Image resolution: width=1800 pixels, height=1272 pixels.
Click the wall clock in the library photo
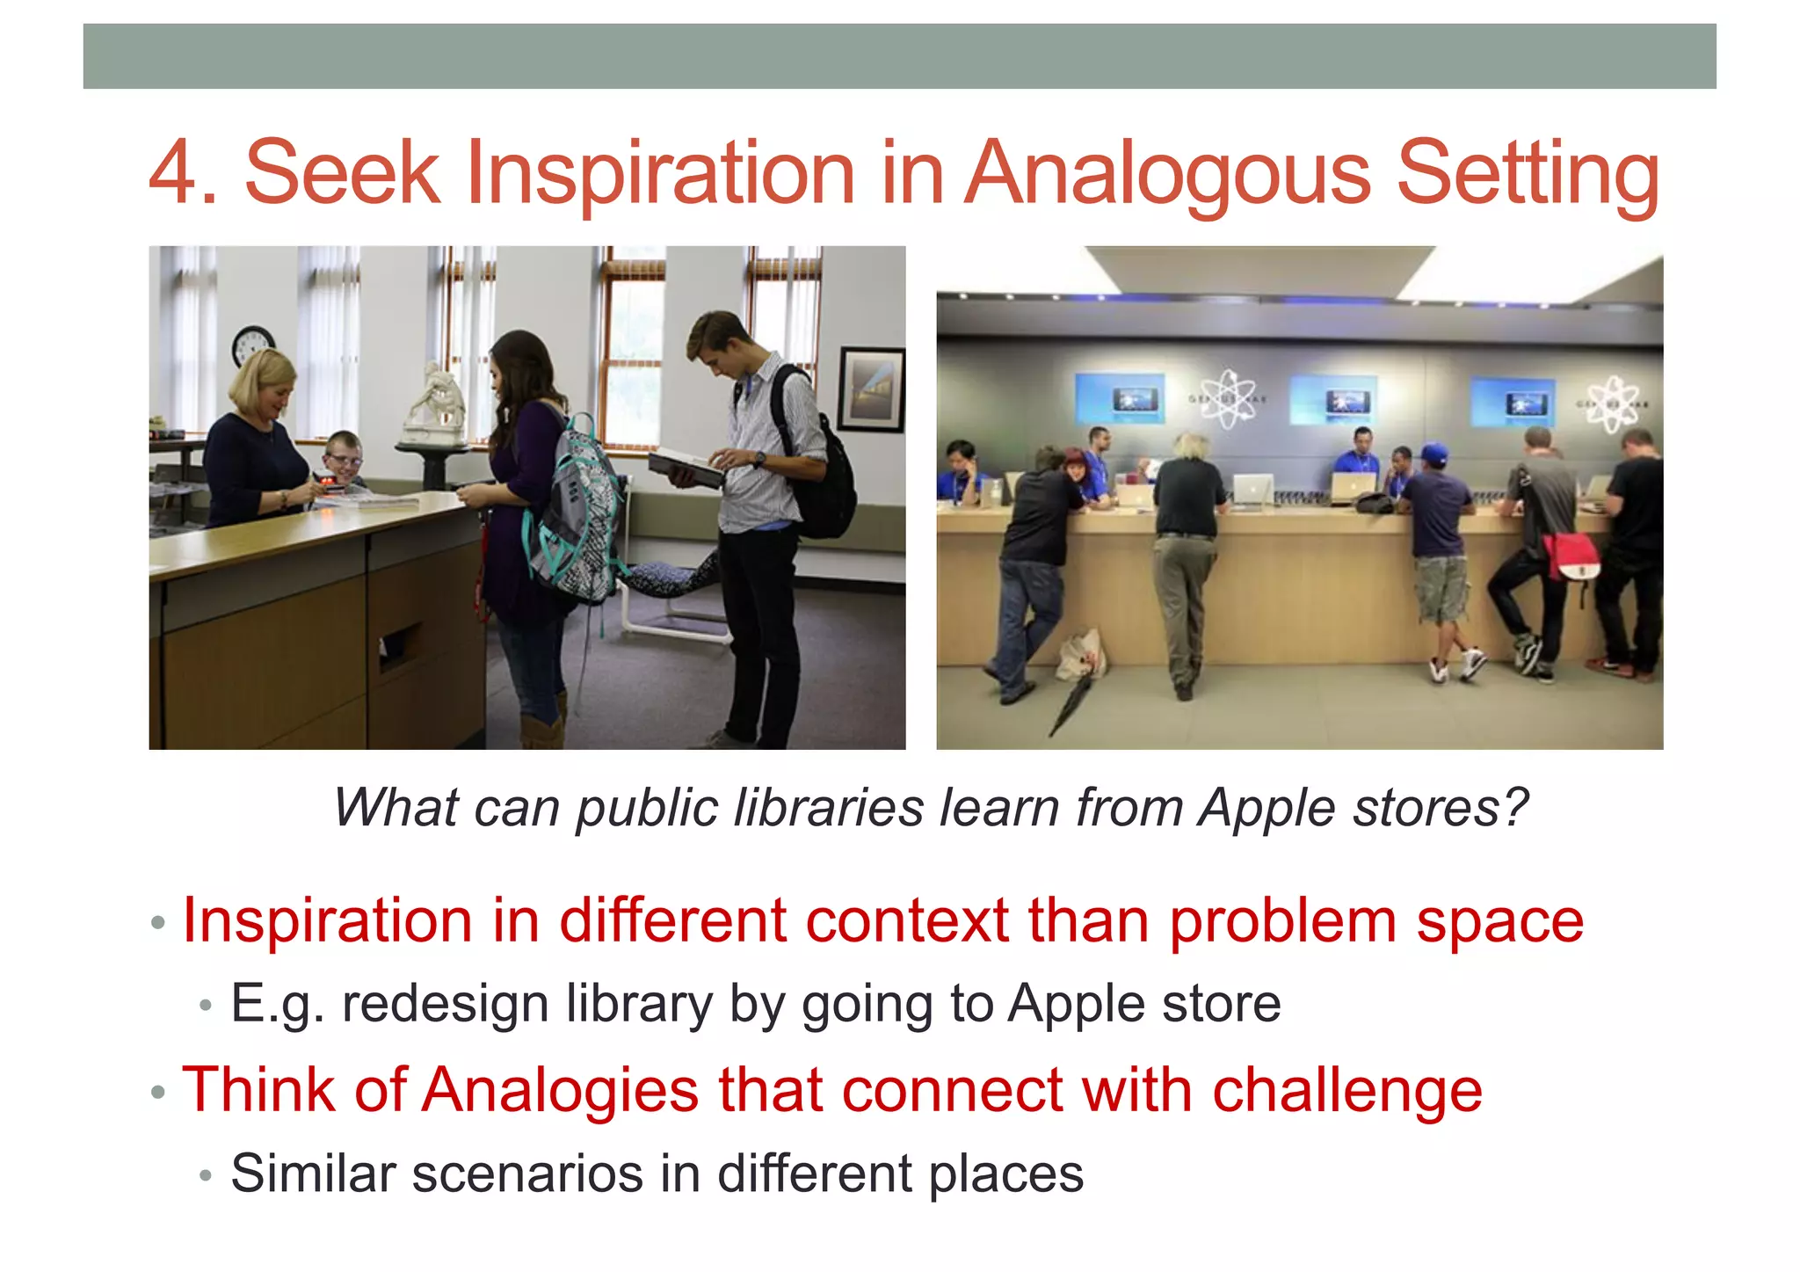(253, 345)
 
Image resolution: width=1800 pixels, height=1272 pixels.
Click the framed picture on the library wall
(871, 389)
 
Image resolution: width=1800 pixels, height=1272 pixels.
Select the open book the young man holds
(686, 467)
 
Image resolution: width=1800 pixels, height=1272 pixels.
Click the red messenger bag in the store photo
(1571, 557)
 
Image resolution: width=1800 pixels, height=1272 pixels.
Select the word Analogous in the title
(1169, 174)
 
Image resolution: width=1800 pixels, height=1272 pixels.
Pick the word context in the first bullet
(906, 920)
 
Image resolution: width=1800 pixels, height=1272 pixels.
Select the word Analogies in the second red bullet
(561, 1090)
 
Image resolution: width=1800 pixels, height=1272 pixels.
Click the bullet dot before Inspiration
(158, 923)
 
